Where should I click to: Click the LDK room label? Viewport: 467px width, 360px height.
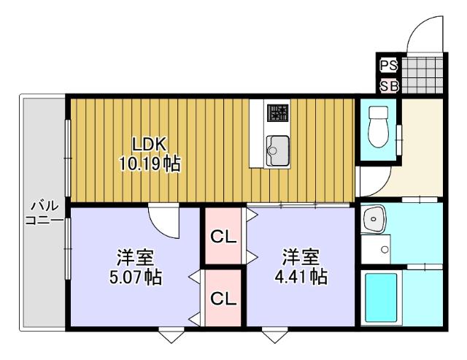[149, 143]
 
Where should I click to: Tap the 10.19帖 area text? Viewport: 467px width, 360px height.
[150, 163]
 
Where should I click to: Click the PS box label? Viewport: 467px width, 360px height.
[388, 65]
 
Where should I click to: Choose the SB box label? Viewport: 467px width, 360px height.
[388, 86]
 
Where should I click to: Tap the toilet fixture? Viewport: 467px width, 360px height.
[379, 128]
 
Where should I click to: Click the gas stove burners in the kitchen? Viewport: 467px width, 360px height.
[278, 113]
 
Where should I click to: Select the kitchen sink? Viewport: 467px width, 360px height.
[277, 150]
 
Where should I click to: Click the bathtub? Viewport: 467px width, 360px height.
[380, 297]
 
